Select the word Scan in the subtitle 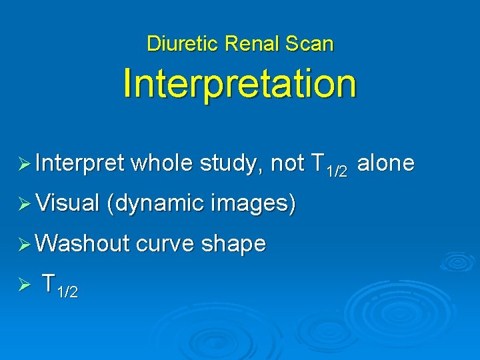pyautogui.click(x=311, y=44)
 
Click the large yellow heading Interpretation pyautogui.click(x=240, y=84)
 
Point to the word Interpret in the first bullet pyautogui.click(x=81, y=163)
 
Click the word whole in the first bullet pyautogui.click(x=160, y=163)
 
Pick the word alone pyautogui.click(x=386, y=163)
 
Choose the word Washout pyautogui.click(x=83, y=244)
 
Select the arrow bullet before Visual pyautogui.click(x=26, y=204)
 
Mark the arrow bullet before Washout pyautogui.click(x=26, y=245)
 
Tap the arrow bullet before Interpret pyautogui.click(x=26, y=164)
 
